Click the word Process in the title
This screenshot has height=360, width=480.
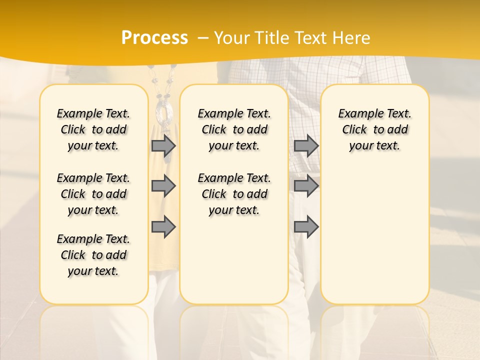(154, 37)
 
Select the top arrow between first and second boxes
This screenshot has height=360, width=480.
(163, 145)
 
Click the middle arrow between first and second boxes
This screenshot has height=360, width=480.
(163, 186)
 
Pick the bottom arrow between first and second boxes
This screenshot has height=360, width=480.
(163, 226)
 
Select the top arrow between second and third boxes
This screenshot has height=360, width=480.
(306, 145)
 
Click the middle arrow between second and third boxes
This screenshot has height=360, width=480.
(306, 186)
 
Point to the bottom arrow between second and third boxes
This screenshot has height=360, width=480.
(306, 226)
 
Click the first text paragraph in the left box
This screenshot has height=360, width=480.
(93, 129)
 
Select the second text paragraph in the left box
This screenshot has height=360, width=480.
(93, 194)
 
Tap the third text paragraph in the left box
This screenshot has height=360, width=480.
(93, 255)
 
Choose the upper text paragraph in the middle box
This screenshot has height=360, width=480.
(234, 129)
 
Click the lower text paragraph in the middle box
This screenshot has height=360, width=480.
(234, 194)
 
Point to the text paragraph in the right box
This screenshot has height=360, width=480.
(375, 129)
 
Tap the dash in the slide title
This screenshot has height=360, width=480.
(203, 38)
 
